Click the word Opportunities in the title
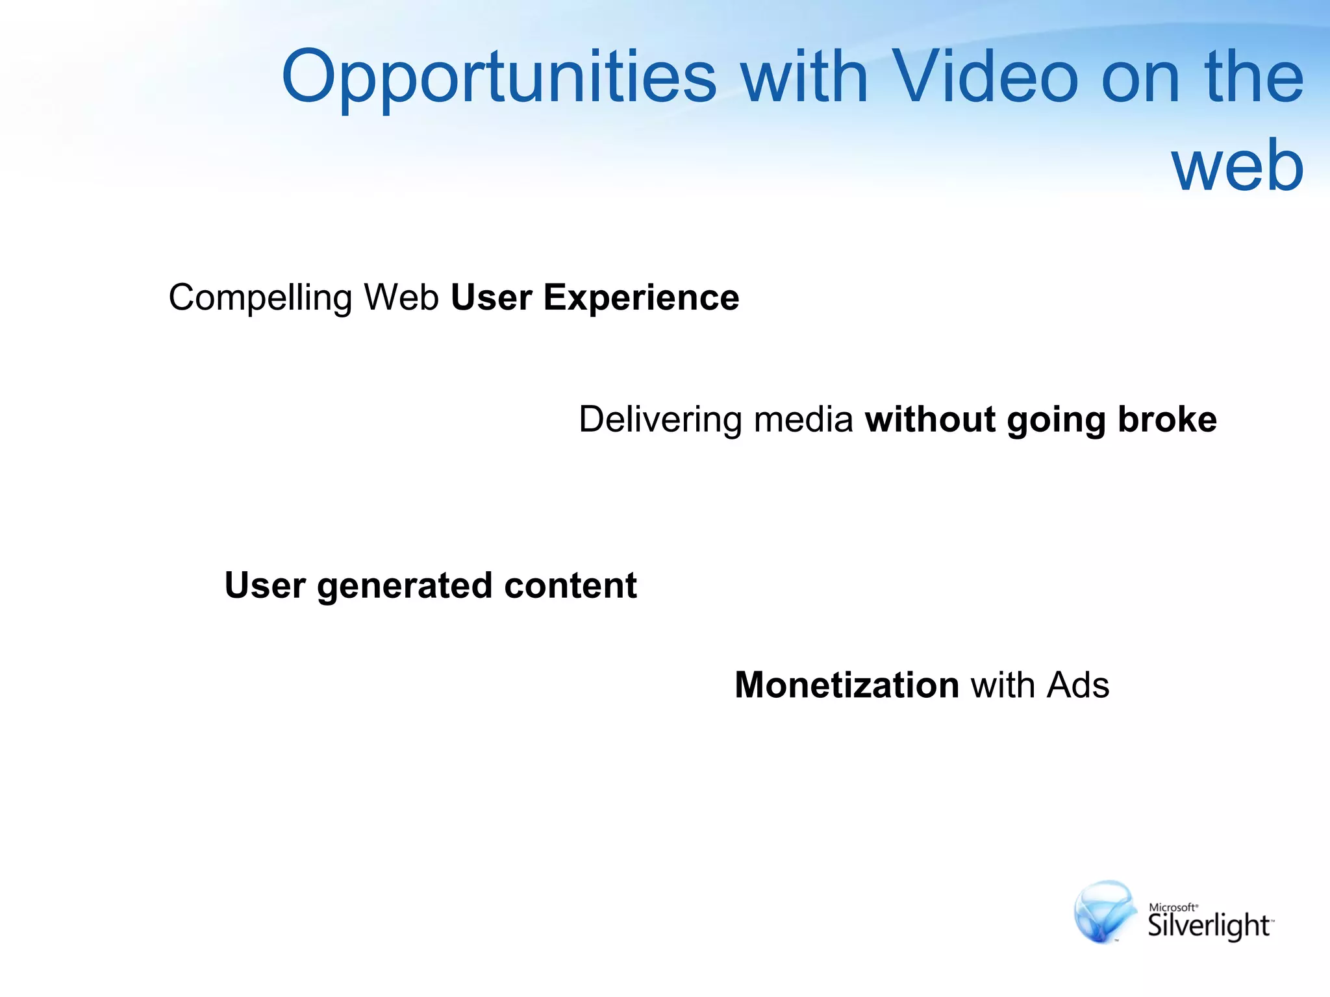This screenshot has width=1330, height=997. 499,78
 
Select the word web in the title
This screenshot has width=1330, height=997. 1237,166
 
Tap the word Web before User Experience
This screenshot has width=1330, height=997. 401,297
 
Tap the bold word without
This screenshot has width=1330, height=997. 930,419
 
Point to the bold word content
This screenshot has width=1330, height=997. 570,585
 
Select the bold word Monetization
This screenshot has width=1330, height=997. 847,685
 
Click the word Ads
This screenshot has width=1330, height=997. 1078,685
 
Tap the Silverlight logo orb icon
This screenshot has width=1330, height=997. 1103,912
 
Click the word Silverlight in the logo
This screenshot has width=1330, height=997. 1208,926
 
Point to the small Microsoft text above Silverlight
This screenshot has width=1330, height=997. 1172,907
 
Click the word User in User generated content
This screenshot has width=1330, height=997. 264,585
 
